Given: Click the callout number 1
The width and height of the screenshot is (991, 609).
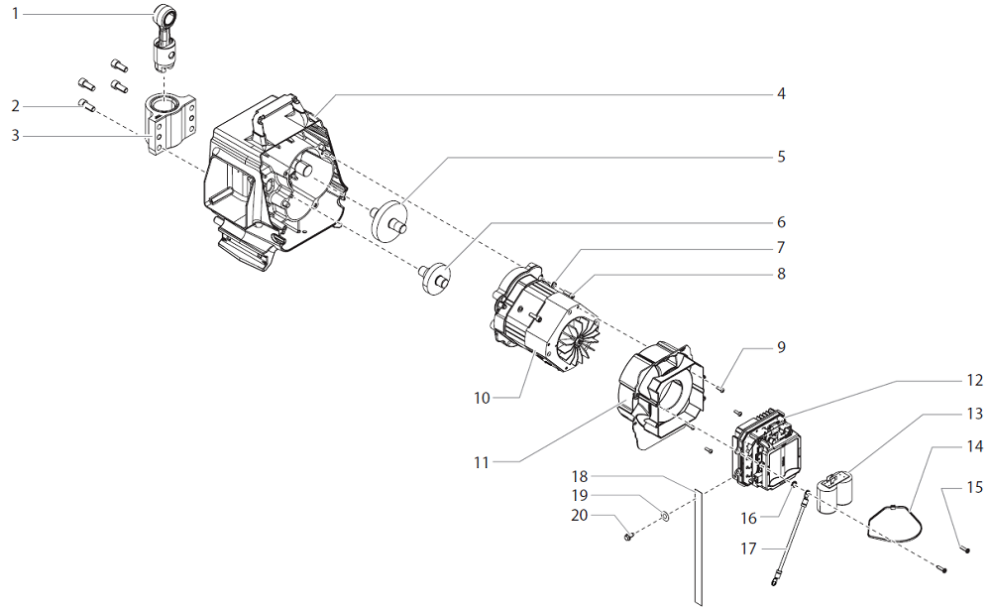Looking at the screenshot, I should (x=14, y=14).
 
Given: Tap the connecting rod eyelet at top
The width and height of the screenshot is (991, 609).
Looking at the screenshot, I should (x=165, y=15).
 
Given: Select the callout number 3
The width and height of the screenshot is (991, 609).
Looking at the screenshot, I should (x=14, y=134).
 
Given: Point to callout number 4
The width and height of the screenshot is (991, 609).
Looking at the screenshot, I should (x=781, y=94).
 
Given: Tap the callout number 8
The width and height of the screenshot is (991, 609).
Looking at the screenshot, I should (x=781, y=273).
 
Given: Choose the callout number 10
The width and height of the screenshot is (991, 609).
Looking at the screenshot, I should (x=482, y=398).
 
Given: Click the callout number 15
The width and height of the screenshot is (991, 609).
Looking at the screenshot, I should (x=975, y=487).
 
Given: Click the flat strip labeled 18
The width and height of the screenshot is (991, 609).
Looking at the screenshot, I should (x=696, y=546).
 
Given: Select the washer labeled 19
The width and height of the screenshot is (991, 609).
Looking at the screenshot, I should (x=664, y=515).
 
